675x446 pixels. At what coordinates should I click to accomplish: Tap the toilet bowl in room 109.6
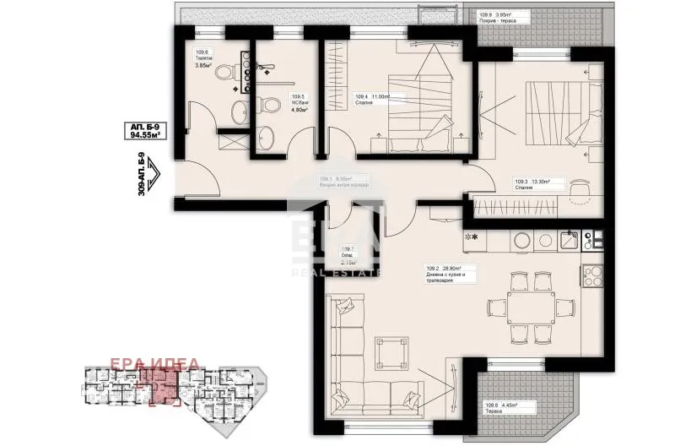(224, 73)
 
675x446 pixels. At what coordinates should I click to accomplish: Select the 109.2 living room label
(451, 275)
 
